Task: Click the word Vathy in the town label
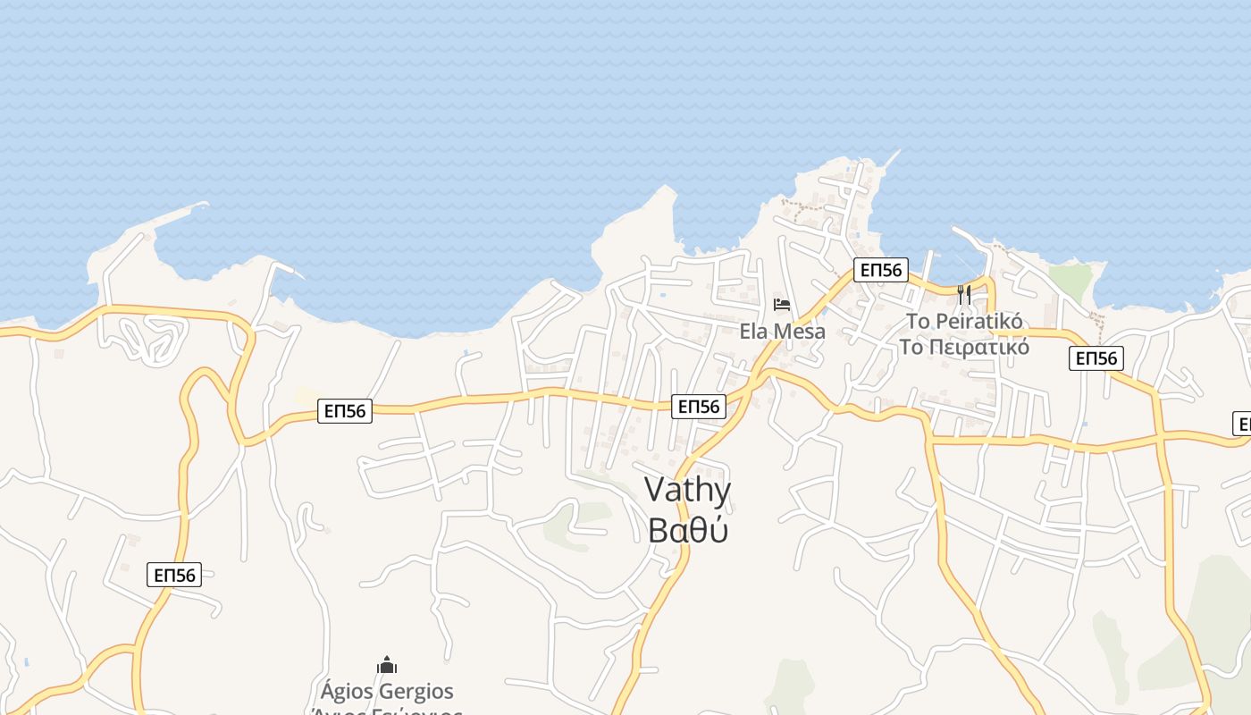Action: [687, 491]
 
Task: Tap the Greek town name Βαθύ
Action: [687, 529]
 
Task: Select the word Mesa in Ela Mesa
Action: [799, 332]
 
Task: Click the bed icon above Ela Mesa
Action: [782, 305]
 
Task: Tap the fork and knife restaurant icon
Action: [963, 295]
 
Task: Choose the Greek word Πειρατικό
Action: [980, 347]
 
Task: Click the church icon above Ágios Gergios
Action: [387, 665]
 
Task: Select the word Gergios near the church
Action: [416, 692]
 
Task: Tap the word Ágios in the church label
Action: [347, 692]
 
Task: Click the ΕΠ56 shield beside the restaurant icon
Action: [880, 270]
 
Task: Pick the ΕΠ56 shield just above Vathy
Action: [698, 407]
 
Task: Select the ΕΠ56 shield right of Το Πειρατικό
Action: [1096, 358]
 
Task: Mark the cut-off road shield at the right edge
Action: [1242, 424]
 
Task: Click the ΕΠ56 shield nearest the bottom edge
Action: [174, 575]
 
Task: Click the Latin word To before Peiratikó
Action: [919, 321]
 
